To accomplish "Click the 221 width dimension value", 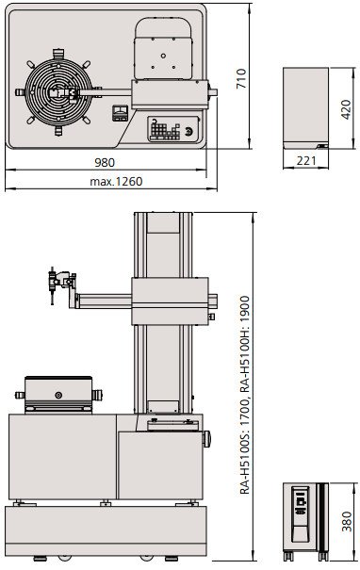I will click(303, 161).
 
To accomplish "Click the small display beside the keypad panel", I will click(119, 113).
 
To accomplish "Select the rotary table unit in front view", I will click(58, 395).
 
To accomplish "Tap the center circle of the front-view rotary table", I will click(58, 395).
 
